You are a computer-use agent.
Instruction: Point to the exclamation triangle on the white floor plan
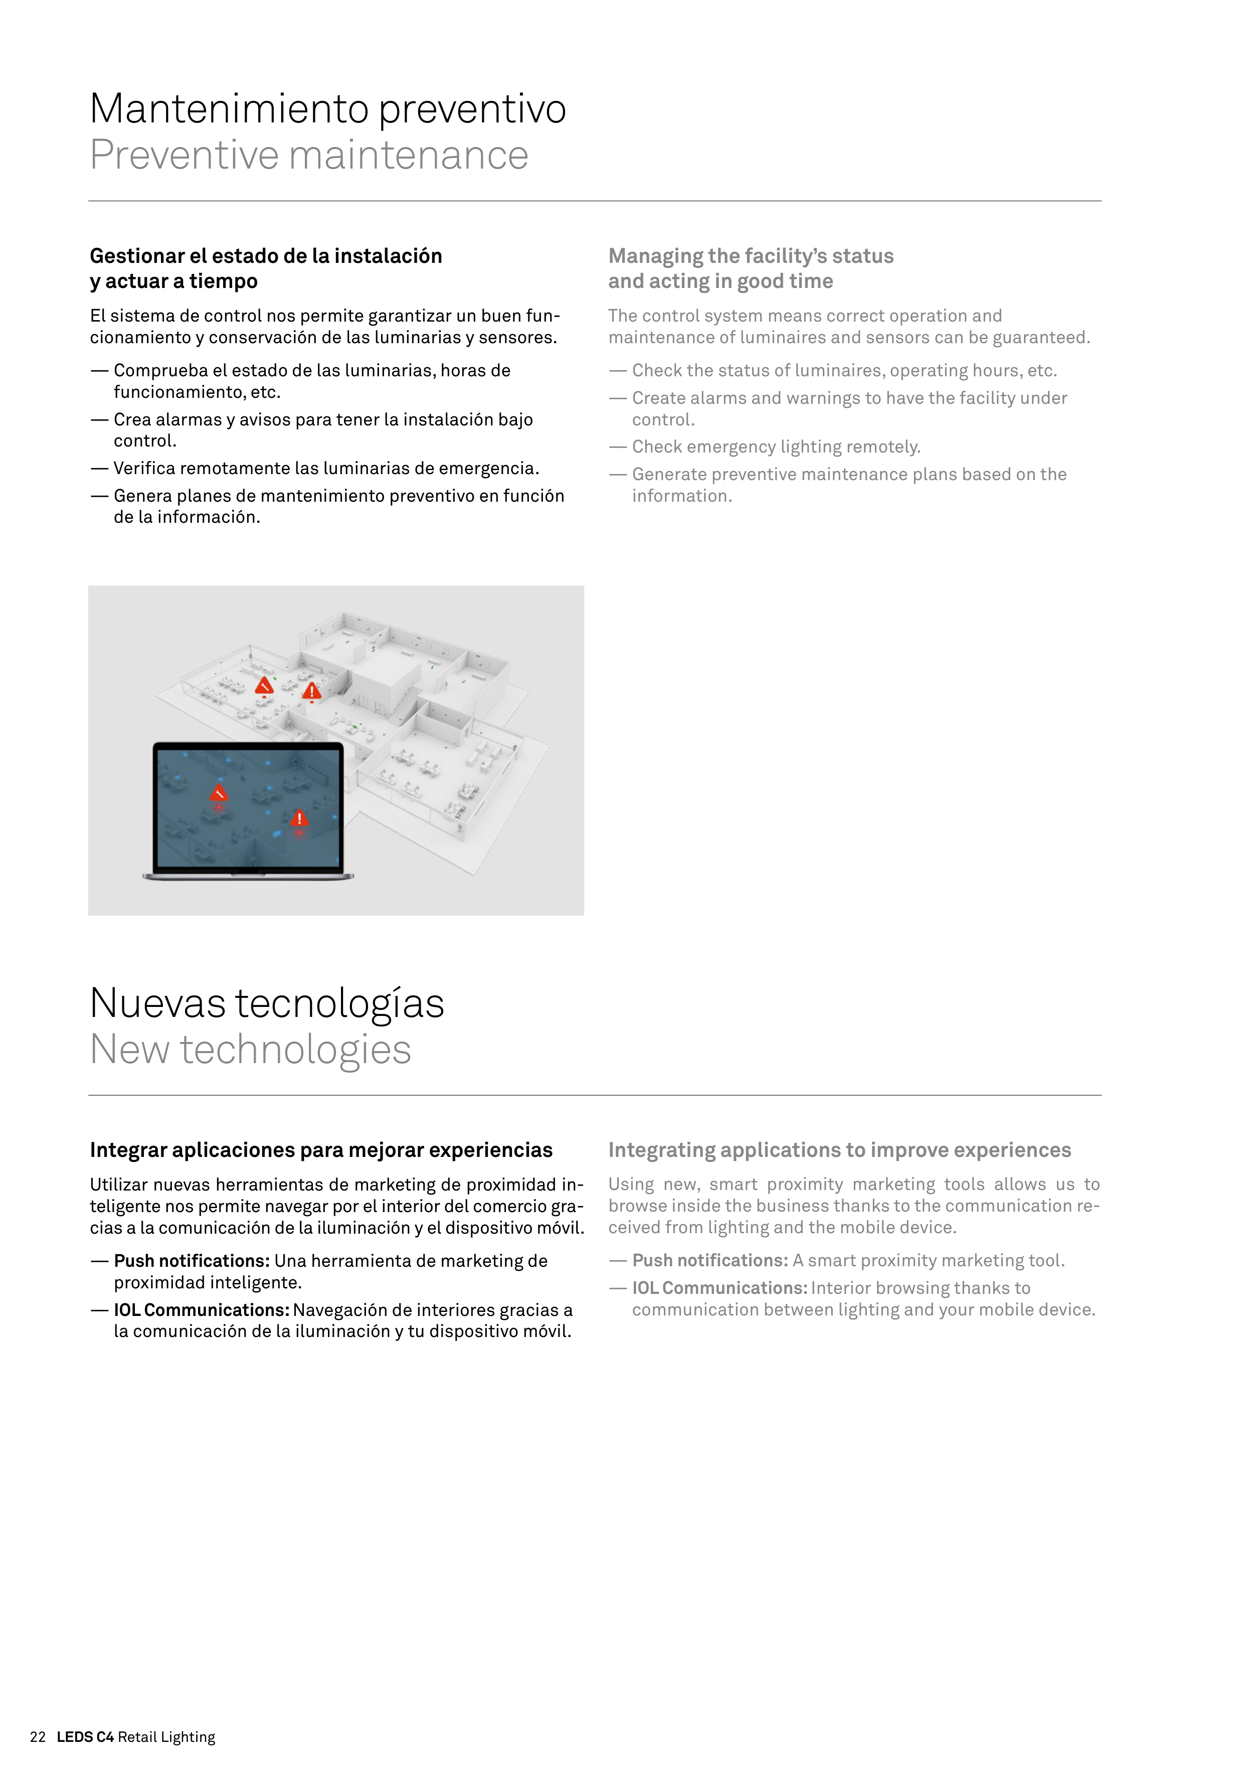click(312, 691)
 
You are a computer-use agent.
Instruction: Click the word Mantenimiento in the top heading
click(230, 109)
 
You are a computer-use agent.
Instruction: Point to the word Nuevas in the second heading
click(158, 1003)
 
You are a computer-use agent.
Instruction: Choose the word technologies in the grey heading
click(295, 1051)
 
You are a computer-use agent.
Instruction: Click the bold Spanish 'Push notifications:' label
click(192, 1261)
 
